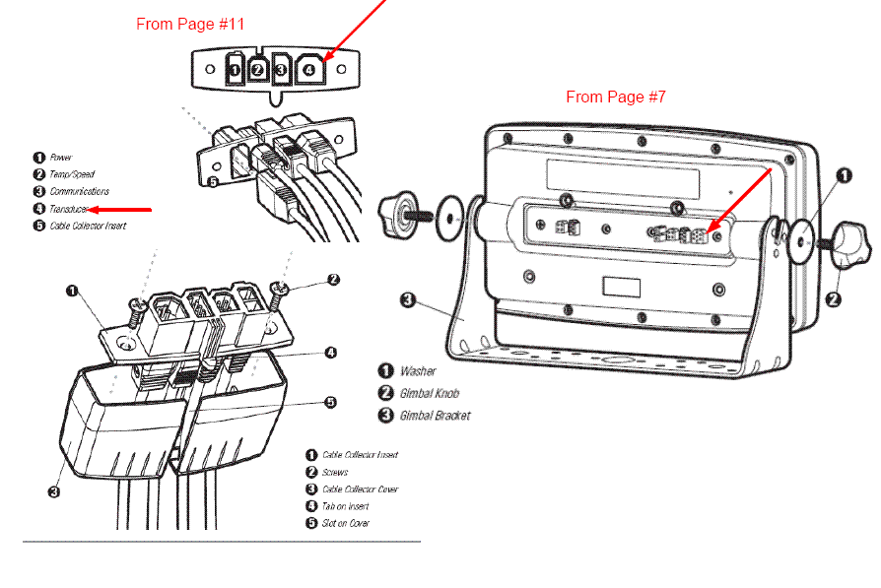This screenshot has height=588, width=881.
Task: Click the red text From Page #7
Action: (616, 97)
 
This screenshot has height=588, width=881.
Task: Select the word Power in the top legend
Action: (61, 157)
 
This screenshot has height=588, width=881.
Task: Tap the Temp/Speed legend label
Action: (72, 174)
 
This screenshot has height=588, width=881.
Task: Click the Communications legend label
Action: (79, 191)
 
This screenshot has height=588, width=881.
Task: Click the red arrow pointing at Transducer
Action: (121, 209)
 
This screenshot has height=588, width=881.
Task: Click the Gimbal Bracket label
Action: (436, 415)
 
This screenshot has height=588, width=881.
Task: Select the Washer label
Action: (418, 371)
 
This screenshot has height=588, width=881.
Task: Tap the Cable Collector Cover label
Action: (360, 490)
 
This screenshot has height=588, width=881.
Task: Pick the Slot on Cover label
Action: (346, 523)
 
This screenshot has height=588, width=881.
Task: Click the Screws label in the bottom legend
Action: (335, 473)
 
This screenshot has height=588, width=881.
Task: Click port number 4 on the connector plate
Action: (309, 70)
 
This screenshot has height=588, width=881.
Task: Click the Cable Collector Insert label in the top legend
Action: (88, 227)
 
